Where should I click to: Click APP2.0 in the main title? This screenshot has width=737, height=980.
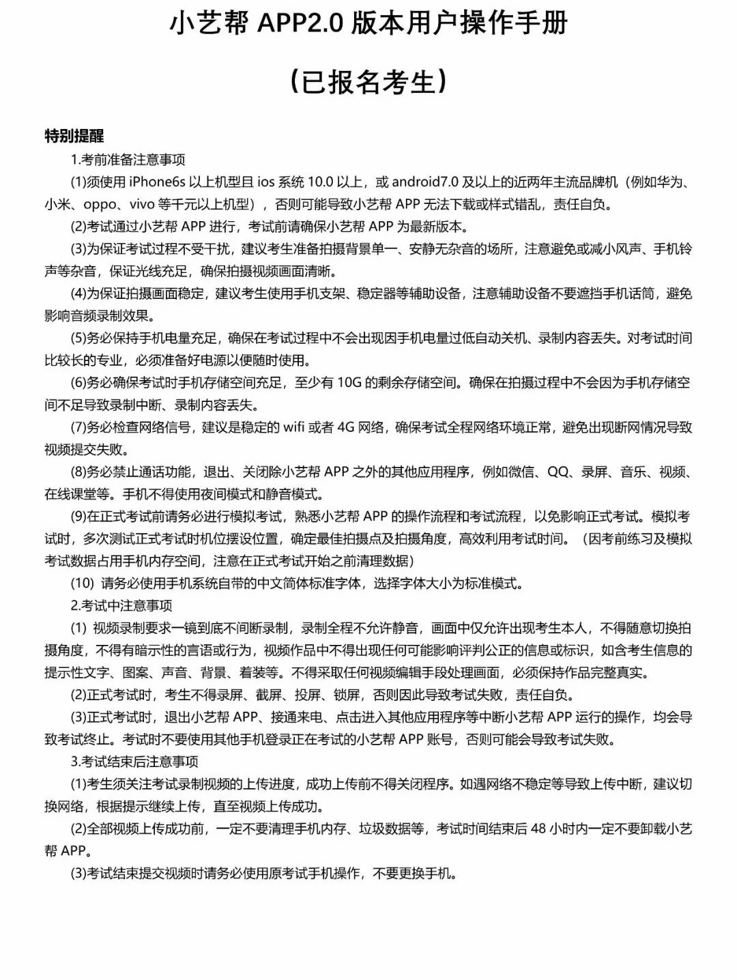[300, 24]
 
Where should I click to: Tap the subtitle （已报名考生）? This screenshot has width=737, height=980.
[369, 81]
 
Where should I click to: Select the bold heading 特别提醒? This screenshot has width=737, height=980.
[74, 136]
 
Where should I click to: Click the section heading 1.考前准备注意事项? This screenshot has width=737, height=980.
[128, 160]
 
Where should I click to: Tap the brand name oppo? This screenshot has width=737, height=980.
[101, 204]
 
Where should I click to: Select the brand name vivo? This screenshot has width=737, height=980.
[142, 204]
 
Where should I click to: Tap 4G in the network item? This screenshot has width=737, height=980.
[346, 427]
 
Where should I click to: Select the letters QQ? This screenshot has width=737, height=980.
[558, 472]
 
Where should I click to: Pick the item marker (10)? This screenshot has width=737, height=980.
[83, 583]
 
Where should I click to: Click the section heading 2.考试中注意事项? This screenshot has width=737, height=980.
[121, 605]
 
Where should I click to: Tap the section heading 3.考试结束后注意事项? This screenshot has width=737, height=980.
[134, 762]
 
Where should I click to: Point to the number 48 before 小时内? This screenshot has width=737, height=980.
[538, 828]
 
